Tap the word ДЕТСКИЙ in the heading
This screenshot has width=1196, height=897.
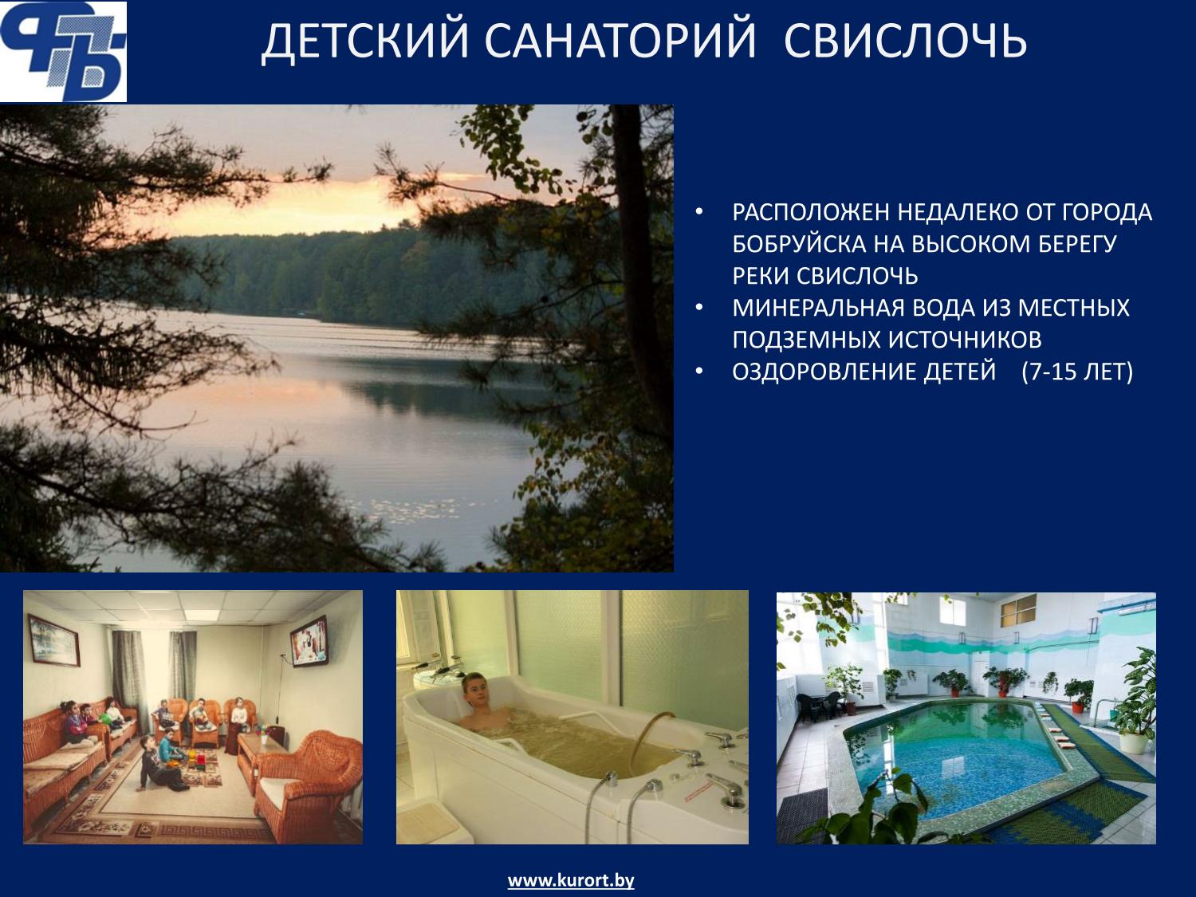pyautogui.click(x=364, y=42)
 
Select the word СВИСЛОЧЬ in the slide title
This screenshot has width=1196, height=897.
pyautogui.click(x=905, y=41)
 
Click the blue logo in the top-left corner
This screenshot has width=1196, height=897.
pyautogui.click(x=63, y=52)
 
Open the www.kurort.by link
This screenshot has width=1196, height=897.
pyautogui.click(x=570, y=880)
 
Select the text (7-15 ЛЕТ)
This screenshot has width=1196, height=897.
pyautogui.click(x=1077, y=372)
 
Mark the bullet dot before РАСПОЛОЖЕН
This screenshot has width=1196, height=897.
pyautogui.click(x=699, y=212)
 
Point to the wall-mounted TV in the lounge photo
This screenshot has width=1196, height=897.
pyautogui.click(x=309, y=641)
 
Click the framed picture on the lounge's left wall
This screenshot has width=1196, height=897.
pyautogui.click(x=54, y=639)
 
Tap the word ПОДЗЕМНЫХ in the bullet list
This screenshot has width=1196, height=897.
pyautogui.click(x=805, y=340)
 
